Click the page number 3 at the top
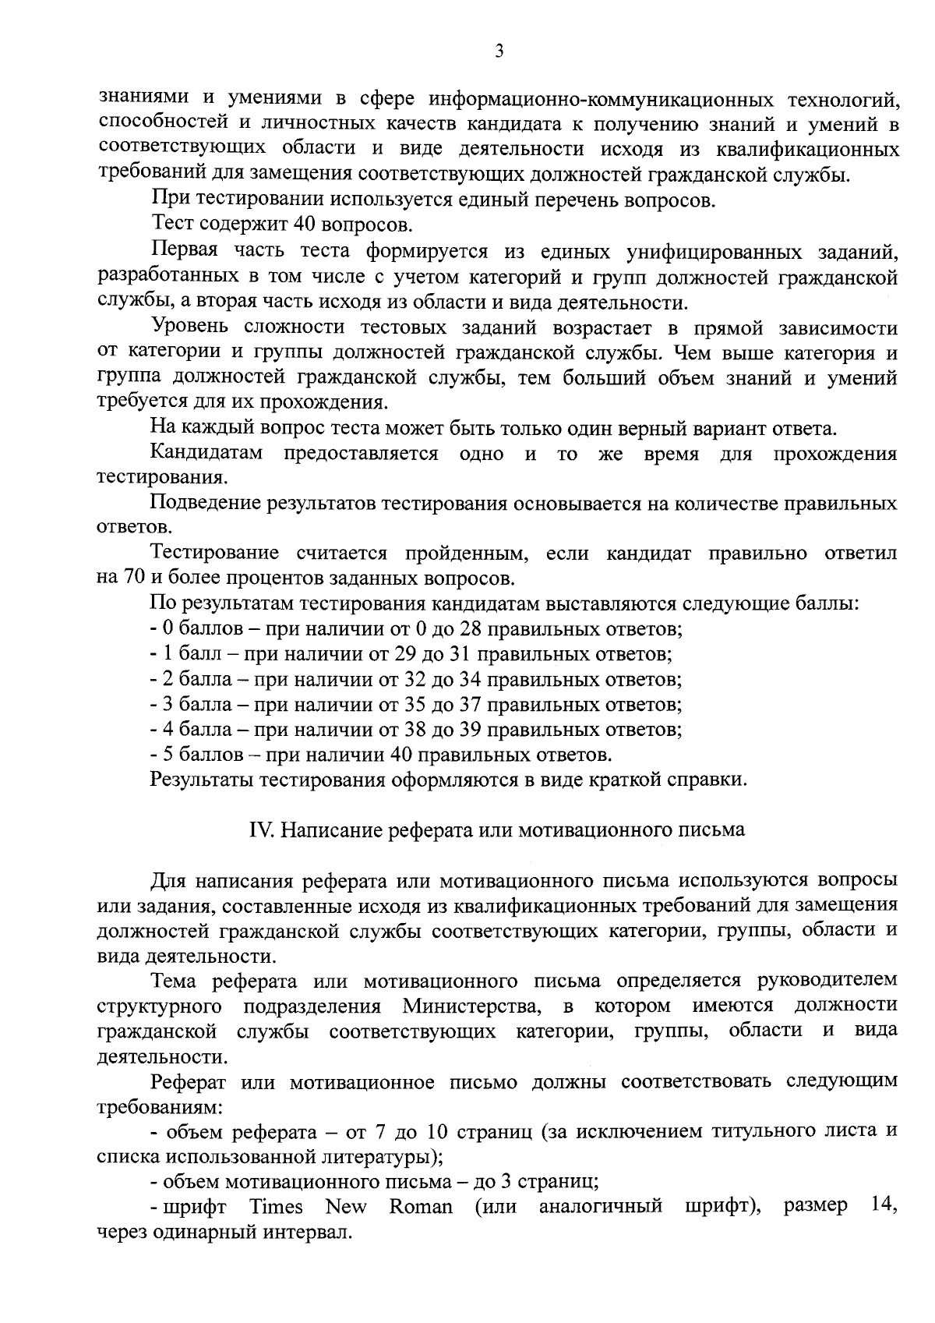coord(499,51)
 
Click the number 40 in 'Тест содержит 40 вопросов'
coord(305,225)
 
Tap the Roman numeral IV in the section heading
coord(259,830)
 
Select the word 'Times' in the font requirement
coord(276,1207)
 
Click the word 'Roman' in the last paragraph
coord(421,1207)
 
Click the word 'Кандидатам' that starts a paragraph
coord(206,454)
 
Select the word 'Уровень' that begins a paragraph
coord(190,327)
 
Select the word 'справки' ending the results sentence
coord(712,780)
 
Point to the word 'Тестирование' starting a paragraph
coord(214,554)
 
